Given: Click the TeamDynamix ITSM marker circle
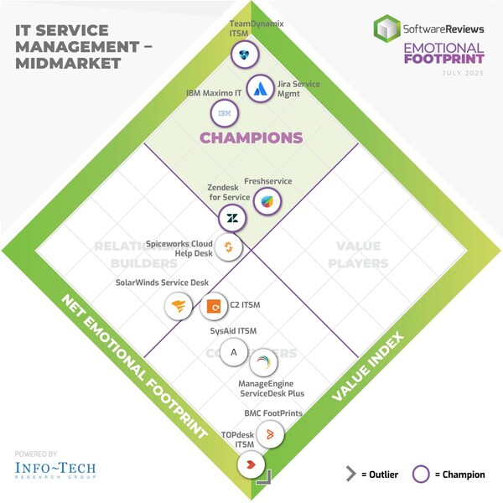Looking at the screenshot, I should (x=244, y=54).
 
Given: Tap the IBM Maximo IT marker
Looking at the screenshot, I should (x=225, y=112).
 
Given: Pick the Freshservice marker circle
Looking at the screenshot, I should (x=267, y=201).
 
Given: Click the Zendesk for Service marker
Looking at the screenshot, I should (x=231, y=219).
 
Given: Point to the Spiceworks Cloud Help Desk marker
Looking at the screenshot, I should (x=228, y=246).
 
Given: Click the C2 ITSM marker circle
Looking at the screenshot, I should (x=214, y=306).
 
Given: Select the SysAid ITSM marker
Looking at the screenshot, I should (x=234, y=351).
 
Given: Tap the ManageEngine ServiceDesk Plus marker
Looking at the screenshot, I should (x=263, y=362).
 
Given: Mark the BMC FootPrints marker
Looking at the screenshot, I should (x=270, y=433).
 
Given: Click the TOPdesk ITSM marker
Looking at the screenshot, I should (x=252, y=462).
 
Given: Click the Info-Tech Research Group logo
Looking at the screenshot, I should (x=55, y=469).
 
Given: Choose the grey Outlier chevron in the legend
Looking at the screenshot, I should (x=351, y=474).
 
